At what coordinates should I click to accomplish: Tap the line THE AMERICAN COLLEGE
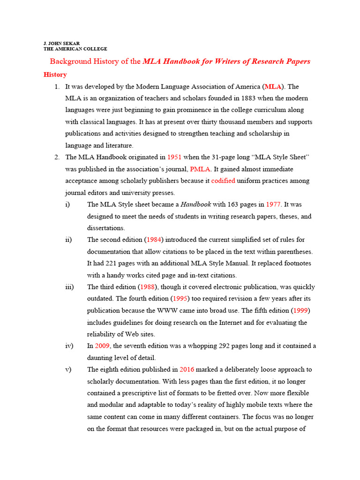click(75, 49)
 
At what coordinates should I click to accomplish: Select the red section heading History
click(55, 75)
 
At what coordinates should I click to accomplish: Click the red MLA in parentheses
click(273, 87)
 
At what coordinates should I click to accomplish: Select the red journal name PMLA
click(200, 169)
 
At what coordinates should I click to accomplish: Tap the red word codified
click(223, 181)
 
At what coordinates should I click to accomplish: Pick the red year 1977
click(273, 204)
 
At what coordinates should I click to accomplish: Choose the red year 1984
click(154, 240)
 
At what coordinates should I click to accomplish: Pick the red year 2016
click(187, 369)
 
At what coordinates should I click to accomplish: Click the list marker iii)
click(70, 287)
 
